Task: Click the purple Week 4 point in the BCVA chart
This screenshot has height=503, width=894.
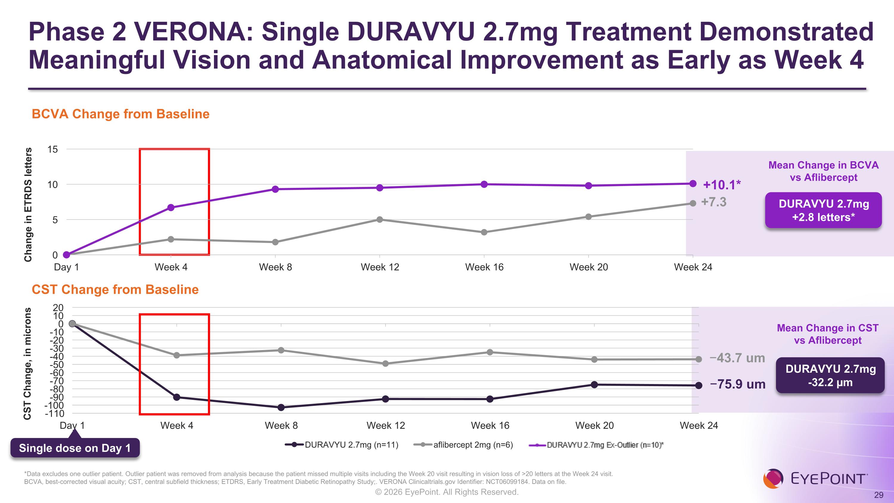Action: point(171,208)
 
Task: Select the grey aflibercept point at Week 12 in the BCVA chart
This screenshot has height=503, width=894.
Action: point(380,219)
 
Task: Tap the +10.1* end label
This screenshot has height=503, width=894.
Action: point(722,185)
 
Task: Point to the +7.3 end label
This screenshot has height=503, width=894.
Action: point(714,202)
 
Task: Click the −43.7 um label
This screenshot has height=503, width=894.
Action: point(738,358)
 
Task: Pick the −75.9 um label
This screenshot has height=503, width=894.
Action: point(738,384)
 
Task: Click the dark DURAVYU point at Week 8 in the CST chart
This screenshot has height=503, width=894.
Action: point(281,407)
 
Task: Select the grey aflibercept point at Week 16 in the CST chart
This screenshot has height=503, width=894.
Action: point(490,352)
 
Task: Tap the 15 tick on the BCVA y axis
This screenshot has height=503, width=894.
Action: point(52,150)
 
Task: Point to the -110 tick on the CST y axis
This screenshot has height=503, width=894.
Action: point(55,414)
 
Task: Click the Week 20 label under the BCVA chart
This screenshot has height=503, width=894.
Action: point(589,267)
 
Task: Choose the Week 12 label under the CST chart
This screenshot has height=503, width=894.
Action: point(386,425)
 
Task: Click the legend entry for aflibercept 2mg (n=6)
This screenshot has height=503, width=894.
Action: point(463,445)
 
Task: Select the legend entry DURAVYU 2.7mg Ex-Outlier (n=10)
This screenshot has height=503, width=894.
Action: point(596,445)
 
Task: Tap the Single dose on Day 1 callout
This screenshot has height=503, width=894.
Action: point(75,448)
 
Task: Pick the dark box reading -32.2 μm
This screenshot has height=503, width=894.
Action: point(830,375)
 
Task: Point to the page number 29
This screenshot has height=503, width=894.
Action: point(879,495)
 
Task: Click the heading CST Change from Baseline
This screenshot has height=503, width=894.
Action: point(115,290)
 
